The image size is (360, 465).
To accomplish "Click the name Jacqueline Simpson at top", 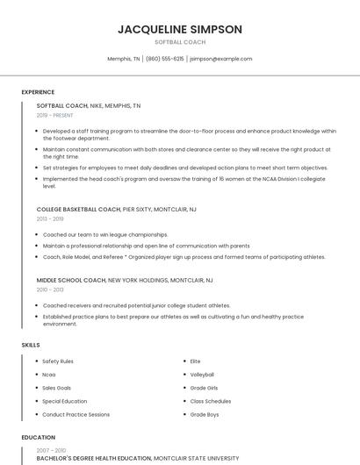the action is pos(180,29).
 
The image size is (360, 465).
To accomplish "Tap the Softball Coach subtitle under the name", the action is pos(180,42).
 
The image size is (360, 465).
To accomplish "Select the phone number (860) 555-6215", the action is pos(165,59).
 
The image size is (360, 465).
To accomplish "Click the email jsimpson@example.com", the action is pos(220,59).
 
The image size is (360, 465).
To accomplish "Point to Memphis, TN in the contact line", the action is pos(123,59).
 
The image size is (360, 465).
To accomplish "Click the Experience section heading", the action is pos(38,91).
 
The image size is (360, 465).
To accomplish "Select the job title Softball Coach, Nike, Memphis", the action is pos(88,105).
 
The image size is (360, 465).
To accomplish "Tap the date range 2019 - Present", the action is pos(54,115).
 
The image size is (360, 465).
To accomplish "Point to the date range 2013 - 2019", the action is pos(49,219).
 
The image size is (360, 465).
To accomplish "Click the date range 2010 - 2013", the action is pos(49,290).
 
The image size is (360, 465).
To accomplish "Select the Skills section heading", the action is pos(31,345).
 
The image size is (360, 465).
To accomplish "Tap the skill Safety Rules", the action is pos(58,361).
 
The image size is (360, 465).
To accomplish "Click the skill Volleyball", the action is pos(202,375).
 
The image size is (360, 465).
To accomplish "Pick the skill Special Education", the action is pos(66,401).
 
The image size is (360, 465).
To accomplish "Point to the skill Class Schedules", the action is pos(210,401).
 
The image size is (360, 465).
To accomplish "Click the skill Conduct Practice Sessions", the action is pos(76,414).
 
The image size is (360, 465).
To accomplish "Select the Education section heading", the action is pos(38,437).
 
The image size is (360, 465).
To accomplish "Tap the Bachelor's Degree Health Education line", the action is pos(137,458).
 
